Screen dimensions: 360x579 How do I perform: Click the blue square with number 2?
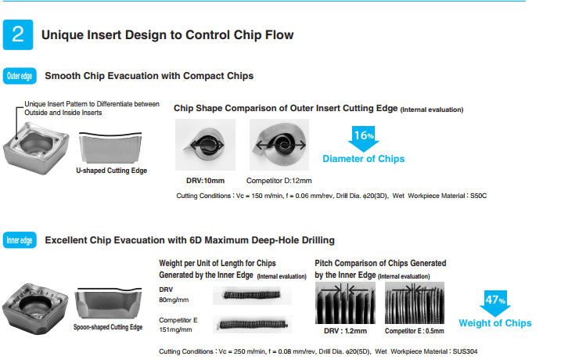click(x=18, y=34)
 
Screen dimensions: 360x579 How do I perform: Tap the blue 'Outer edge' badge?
click(x=20, y=76)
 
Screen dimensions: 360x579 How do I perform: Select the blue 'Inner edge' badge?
click(x=20, y=239)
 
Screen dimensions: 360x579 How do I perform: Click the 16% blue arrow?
click(x=363, y=139)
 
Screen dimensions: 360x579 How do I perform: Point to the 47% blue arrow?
click(x=494, y=301)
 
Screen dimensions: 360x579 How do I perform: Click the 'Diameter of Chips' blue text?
click(x=364, y=159)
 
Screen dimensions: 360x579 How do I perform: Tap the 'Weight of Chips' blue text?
click(x=495, y=323)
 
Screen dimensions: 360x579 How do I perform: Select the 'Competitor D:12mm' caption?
click(x=279, y=181)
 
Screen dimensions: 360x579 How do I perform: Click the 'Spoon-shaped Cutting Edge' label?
click(x=108, y=327)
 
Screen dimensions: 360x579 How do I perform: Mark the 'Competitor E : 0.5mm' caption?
click(x=415, y=331)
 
